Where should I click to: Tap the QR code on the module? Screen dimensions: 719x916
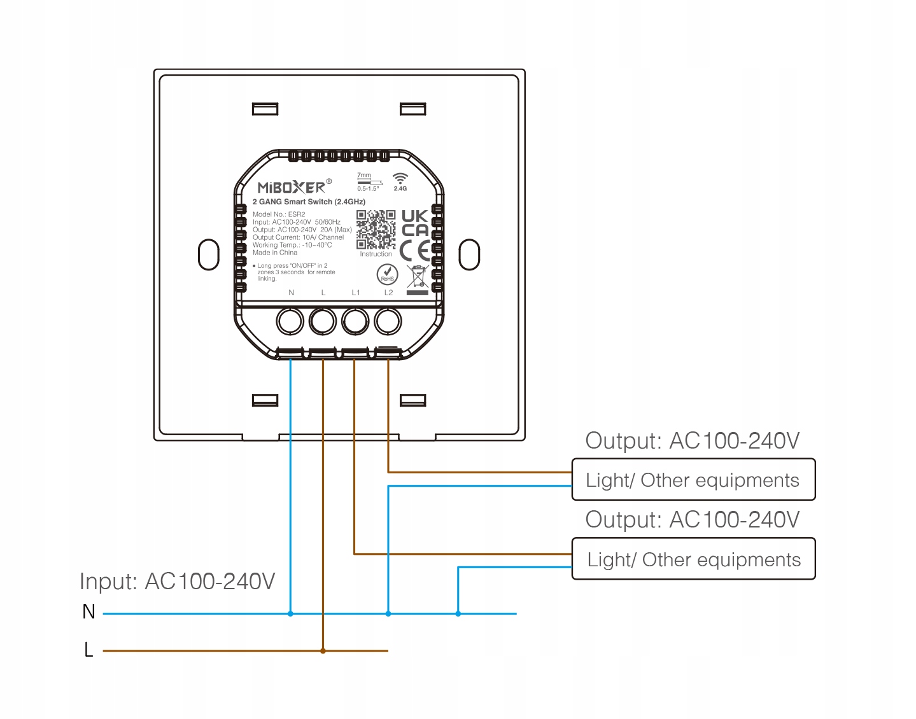click(376, 230)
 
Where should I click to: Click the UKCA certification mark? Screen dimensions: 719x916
click(415, 223)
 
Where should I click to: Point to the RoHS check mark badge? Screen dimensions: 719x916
click(387, 275)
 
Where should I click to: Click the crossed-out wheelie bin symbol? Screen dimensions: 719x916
click(418, 278)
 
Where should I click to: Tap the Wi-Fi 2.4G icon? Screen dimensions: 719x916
click(400, 181)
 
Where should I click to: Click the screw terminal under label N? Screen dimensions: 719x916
click(290, 321)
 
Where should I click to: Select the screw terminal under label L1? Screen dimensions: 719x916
click(355, 321)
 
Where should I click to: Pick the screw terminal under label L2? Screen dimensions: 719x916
click(388, 321)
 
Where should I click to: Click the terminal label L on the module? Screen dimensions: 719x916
click(323, 293)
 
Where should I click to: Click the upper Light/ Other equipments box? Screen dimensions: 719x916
click(693, 480)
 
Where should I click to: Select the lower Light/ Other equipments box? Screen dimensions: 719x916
click(693, 559)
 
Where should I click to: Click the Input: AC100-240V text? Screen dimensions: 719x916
click(177, 582)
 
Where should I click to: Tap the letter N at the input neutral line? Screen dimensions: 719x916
click(88, 612)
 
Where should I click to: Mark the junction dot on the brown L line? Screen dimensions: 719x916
click(323, 651)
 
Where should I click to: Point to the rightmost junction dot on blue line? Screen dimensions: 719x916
click(458, 613)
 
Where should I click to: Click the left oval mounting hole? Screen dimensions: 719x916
click(209, 255)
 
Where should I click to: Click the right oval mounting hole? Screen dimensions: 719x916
click(469, 255)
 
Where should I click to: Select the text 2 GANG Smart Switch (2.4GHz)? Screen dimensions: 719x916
click(309, 202)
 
